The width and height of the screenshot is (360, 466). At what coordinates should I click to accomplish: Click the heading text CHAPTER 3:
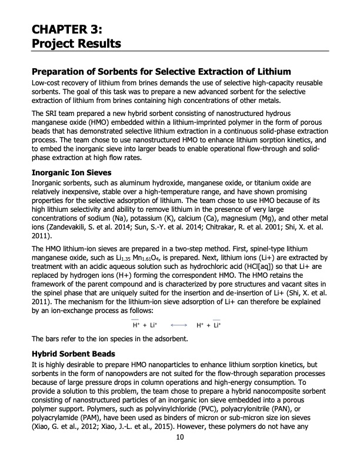coord(68,27)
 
